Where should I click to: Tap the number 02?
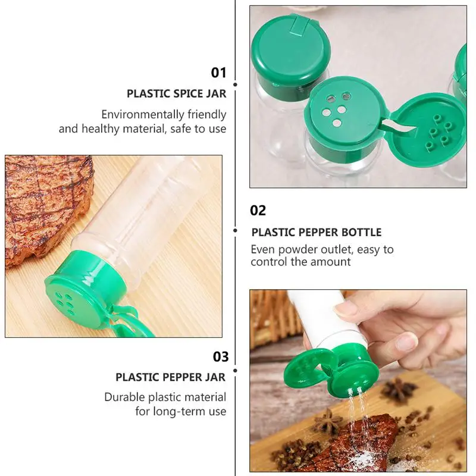(258, 210)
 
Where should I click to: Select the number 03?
(221, 356)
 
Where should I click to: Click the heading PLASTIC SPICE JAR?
(177, 93)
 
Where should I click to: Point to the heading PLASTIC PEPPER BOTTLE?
(317, 232)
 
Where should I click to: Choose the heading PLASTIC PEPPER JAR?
(171, 377)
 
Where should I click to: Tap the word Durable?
(126, 397)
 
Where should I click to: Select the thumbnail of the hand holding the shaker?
(358, 381)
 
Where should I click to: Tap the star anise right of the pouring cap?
(399, 390)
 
